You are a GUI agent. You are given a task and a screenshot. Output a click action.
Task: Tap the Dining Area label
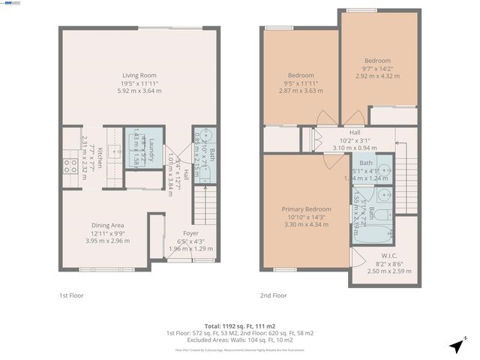[107, 225]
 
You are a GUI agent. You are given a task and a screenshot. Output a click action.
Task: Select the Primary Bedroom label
[306, 209]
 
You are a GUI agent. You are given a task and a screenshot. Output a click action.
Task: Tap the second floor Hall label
[355, 133]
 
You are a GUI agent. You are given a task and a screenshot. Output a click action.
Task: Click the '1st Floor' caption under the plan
[70, 295]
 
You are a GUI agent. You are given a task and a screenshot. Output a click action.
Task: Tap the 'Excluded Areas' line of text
[240, 340]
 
